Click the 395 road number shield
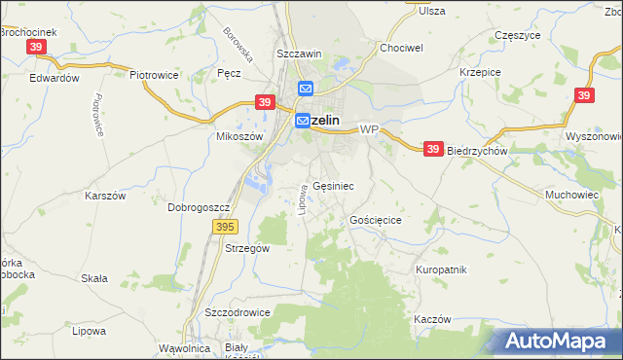coord(225,227)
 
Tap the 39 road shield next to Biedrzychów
coord(433,149)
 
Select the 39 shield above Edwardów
coord(36,47)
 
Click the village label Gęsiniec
coord(333,185)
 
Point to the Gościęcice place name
coord(376,221)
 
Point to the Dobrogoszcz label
coord(199,207)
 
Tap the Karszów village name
coord(106,195)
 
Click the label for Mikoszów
coord(239,137)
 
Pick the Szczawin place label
coord(299,54)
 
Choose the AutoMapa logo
coord(562,342)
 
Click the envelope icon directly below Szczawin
coord(305,89)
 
